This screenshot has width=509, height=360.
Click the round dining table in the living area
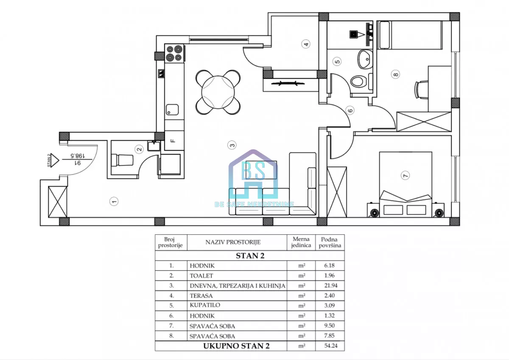click(218, 92)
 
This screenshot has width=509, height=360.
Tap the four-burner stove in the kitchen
click(174, 53)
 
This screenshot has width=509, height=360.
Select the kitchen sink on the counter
click(172, 110)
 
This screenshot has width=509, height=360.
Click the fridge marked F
click(174, 141)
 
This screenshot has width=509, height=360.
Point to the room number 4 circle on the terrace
click(306, 44)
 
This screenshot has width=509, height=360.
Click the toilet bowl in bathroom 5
click(359, 81)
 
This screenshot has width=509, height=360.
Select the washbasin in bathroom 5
click(365, 59)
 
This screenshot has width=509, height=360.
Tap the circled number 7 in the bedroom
click(406, 175)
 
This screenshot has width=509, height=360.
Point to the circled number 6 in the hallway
click(350, 110)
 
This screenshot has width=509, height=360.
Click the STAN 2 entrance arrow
click(54, 160)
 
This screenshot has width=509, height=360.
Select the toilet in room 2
click(122, 160)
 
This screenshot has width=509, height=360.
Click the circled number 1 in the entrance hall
click(114, 201)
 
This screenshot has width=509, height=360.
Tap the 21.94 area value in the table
click(330, 285)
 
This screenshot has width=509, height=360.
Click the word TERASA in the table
click(201, 295)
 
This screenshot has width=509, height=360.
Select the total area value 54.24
click(330, 346)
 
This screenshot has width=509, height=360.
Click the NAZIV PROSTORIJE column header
click(233, 242)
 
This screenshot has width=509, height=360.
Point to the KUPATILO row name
click(205, 305)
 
